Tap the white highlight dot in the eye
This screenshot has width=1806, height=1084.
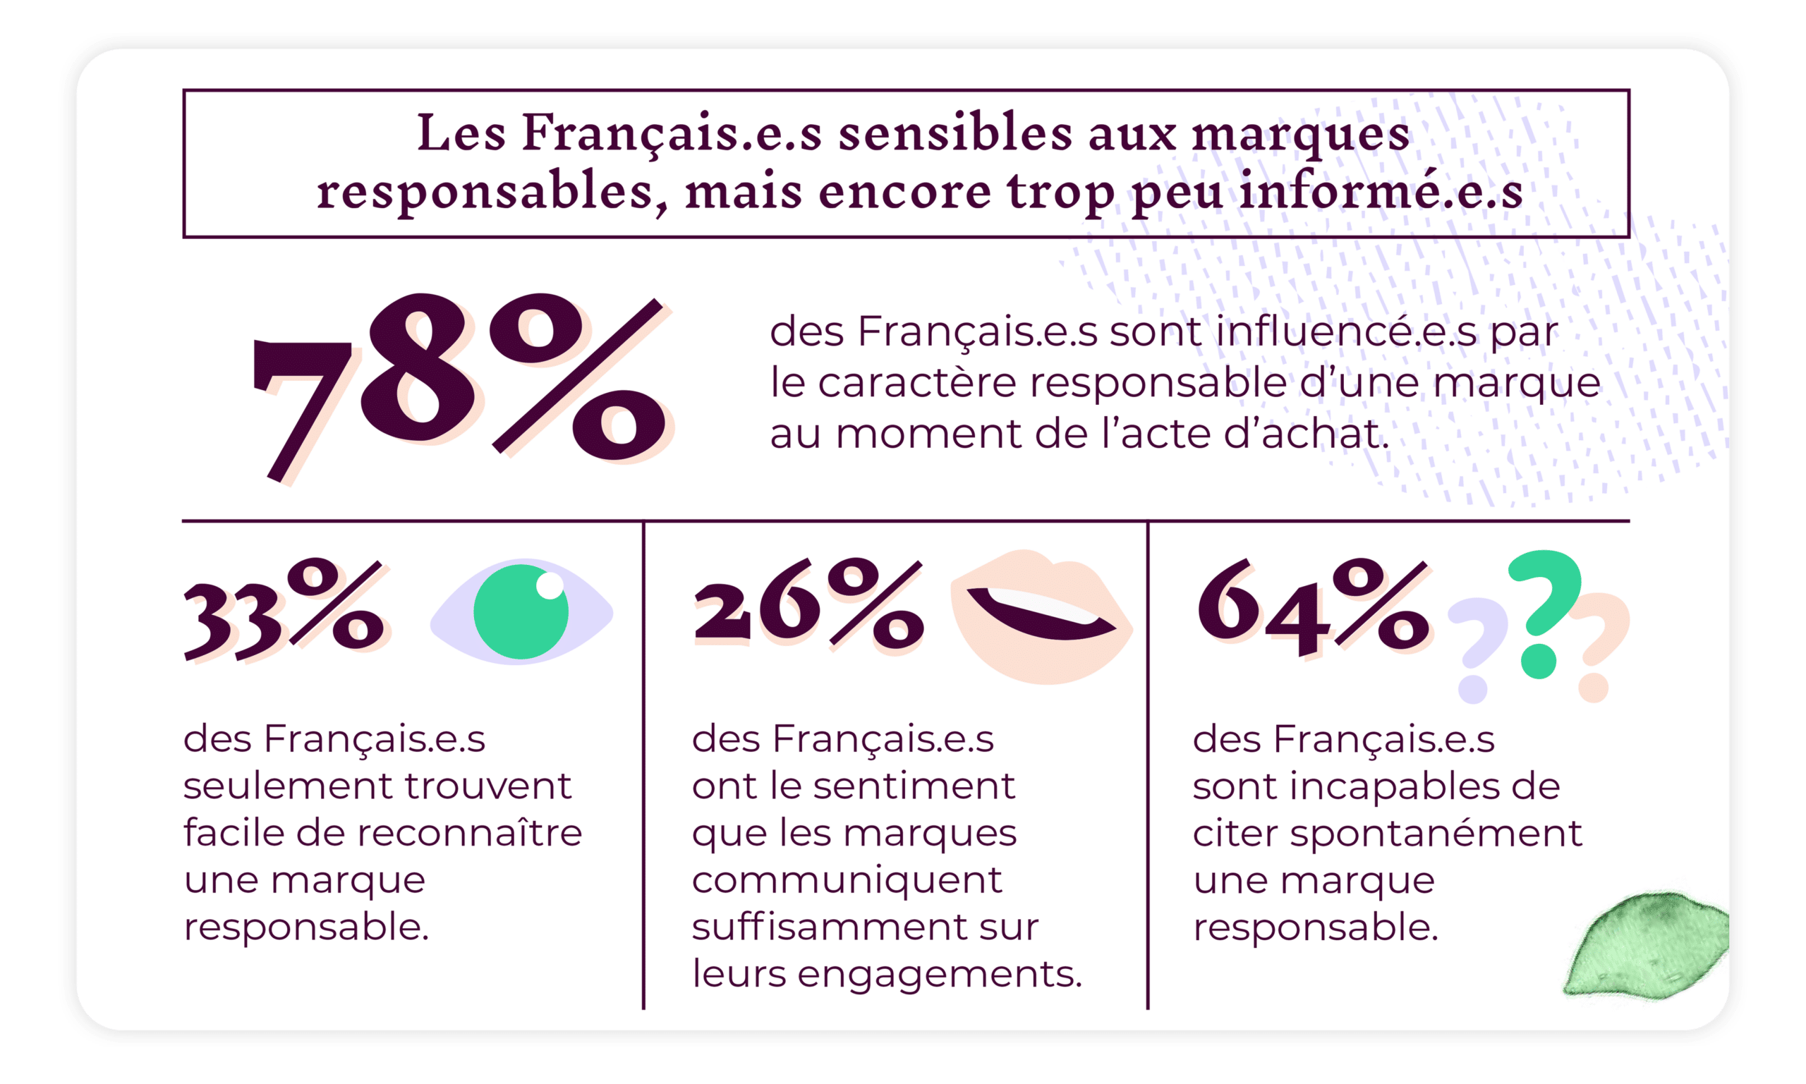tap(550, 586)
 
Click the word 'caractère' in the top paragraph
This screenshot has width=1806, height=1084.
tap(916, 383)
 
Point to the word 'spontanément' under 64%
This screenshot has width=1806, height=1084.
tap(1436, 834)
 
